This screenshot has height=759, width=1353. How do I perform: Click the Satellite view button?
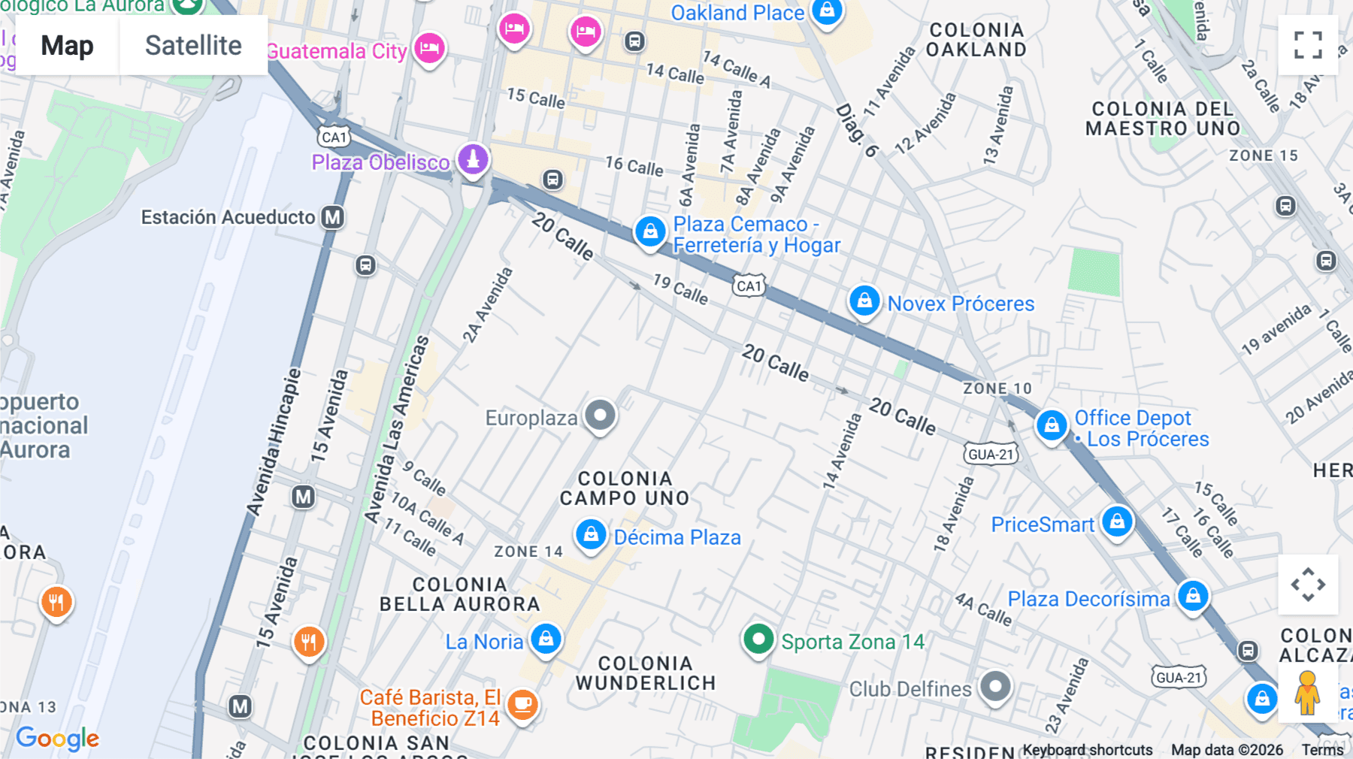193,45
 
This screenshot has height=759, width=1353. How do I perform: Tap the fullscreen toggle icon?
1308,45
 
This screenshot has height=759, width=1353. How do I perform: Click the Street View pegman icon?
1307,692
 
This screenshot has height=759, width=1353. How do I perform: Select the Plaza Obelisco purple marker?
473,159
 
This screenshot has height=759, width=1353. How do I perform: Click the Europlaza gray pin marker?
600,415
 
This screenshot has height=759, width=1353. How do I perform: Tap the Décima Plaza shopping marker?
591,535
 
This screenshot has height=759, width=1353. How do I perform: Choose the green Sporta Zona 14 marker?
758,640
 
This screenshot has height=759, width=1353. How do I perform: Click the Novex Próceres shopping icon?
864,301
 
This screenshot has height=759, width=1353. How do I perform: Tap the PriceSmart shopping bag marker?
1117,521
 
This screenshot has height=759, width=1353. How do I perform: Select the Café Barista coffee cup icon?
522,705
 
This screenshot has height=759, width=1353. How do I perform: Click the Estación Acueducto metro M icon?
332,217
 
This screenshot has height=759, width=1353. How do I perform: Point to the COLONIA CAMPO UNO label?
624,488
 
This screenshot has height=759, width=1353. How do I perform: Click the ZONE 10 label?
997,389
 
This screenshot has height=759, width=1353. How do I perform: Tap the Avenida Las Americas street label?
396,430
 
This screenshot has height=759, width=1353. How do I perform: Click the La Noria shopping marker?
546,639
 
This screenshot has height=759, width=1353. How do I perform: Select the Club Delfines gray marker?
996,686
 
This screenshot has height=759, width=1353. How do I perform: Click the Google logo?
57,738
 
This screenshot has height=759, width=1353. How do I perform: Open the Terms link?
1322,750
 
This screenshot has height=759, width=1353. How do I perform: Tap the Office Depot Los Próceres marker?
1052,425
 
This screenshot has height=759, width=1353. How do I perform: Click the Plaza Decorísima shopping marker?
1193,597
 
